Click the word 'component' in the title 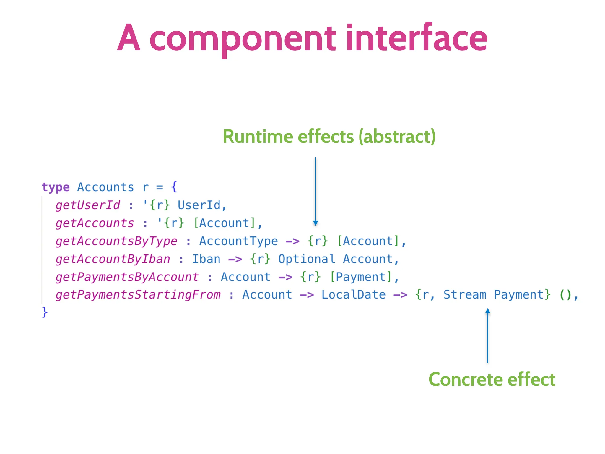click(242, 40)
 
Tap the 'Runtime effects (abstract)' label click(329, 137)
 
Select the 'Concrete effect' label click(492, 380)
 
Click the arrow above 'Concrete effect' click(488, 335)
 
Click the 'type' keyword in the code click(56, 187)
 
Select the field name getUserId click(88, 205)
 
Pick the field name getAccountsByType click(116, 241)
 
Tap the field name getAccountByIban click(113, 259)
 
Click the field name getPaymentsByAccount click(127, 277)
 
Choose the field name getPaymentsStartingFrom click(138, 295)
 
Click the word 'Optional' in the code click(307, 259)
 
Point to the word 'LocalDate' click(353, 295)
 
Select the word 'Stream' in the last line click(465, 295)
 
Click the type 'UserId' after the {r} click(199, 205)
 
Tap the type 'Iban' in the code click(206, 259)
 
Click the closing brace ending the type click(45, 312)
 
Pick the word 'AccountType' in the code click(238, 241)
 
